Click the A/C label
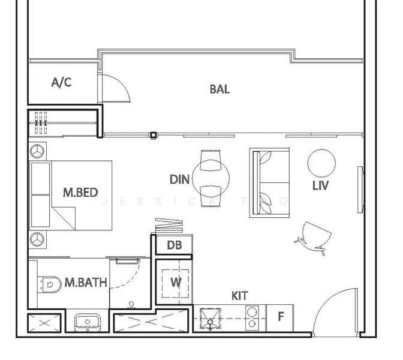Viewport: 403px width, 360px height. pos(61,83)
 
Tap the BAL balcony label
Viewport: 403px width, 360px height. pos(219,89)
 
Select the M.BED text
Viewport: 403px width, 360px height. pos(80,193)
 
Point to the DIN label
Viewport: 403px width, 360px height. pos(179,179)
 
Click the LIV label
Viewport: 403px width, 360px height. pos(320,185)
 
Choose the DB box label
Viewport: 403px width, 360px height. pos(175,245)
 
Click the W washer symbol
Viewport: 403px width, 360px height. pos(176,283)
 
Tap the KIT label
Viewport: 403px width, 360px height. pos(240,296)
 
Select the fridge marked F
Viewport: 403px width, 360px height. pos(280,318)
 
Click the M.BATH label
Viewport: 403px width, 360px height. pos(86,283)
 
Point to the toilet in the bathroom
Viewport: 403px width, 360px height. pos(50,284)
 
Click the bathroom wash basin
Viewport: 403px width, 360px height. pos(88,322)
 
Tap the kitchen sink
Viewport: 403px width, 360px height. pos(210,319)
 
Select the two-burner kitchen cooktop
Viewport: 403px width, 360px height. pos(252,318)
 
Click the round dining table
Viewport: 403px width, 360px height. pos(210,178)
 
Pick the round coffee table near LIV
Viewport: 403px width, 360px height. pos(321,163)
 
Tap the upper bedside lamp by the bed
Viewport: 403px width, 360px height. pos(38,151)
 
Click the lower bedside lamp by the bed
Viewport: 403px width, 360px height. pos(38,239)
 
